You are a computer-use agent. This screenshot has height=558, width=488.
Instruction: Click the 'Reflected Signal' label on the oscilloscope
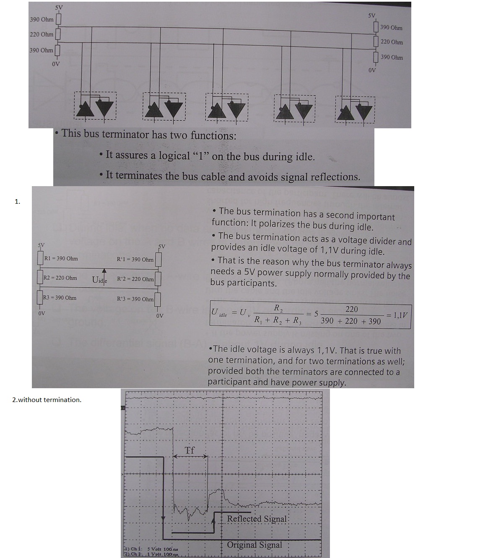coord(257,519)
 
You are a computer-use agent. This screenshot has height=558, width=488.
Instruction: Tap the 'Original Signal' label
coord(254,545)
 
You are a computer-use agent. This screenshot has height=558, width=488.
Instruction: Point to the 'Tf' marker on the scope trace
coord(190,451)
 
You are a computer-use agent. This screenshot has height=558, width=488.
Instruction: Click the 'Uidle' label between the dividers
coord(100,280)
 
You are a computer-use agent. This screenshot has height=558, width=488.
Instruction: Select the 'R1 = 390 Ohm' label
coord(61,258)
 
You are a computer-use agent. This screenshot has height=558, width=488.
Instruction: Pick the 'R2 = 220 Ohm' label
coord(60,278)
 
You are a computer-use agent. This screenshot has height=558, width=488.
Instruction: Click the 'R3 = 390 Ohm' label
coord(60,298)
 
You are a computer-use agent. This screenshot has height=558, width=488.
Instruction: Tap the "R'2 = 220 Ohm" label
coord(135,279)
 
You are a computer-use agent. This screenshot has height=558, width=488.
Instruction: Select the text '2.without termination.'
coord(47,400)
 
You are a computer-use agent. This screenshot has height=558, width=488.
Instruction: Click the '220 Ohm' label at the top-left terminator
coord(42,34)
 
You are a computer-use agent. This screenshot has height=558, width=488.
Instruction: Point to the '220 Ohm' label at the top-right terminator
coord(392,42)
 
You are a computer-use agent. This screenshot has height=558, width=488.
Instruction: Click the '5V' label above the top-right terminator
coord(371,16)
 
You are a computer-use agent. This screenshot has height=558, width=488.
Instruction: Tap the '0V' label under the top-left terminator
coord(56,64)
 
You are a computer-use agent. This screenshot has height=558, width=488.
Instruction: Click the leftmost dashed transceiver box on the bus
coord(95,106)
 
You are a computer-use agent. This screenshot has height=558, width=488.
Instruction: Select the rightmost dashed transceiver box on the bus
coord(355,109)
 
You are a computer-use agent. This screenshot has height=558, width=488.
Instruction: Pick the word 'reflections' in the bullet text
coord(334,177)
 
